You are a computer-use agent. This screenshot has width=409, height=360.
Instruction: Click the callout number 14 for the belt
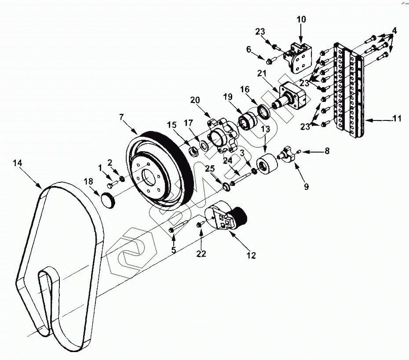click(x=17, y=163)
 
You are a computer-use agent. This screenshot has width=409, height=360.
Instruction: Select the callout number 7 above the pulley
click(x=122, y=117)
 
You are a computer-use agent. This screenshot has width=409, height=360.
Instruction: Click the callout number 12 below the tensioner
click(x=251, y=255)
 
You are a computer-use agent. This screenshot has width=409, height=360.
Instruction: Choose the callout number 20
click(x=195, y=100)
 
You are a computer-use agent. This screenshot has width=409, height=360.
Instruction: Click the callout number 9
click(x=306, y=186)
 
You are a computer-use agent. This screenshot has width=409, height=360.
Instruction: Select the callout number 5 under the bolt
click(x=174, y=250)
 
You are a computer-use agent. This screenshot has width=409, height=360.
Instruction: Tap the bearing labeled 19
click(x=247, y=120)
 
